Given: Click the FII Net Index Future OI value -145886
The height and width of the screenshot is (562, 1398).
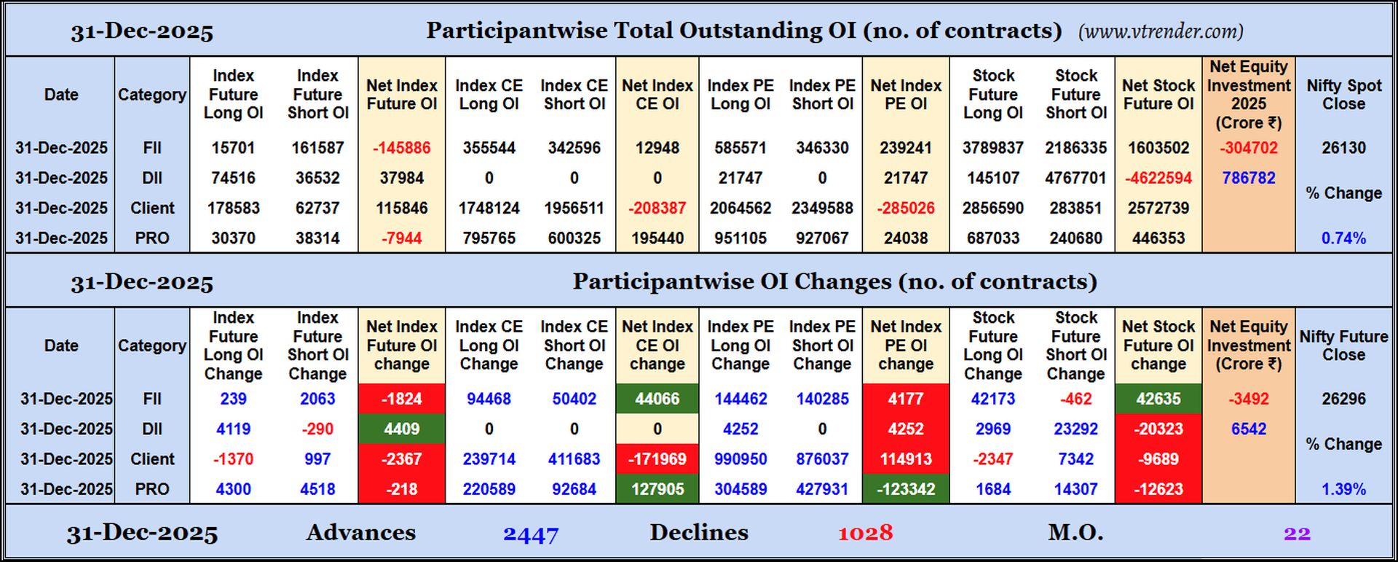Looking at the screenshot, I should [401, 148].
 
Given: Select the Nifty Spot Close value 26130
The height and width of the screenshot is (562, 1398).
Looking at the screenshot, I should [1343, 148].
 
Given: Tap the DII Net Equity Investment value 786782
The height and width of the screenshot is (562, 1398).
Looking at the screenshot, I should [1248, 178].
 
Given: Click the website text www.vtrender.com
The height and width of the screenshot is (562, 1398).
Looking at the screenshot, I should [1161, 31].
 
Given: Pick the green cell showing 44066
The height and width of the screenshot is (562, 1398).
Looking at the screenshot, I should [657, 399].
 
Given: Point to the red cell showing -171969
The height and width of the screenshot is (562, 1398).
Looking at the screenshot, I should [657, 459].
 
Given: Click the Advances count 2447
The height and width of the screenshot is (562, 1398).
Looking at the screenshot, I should [531, 534].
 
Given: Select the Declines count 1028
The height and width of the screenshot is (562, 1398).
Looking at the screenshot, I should [865, 534].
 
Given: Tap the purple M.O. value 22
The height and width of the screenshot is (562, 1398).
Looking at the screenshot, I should [1297, 534].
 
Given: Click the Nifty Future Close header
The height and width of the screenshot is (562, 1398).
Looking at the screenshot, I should [1343, 346].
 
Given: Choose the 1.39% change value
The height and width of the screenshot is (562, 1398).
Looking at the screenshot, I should [1343, 489].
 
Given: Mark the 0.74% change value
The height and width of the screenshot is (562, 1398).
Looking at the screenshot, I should [1343, 238].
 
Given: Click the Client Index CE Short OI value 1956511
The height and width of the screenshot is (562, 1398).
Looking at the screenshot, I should [574, 208].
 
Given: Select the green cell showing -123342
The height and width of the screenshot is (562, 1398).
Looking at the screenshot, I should [905, 489].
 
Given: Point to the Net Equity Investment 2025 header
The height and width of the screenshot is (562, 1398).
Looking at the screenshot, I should [1248, 95].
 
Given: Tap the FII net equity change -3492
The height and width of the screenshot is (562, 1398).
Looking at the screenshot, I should [1248, 399].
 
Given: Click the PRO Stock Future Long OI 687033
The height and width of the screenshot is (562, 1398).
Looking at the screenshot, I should [992, 238].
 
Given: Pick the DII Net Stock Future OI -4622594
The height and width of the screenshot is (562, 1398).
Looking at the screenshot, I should [1158, 178].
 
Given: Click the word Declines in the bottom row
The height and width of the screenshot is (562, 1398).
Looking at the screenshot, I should [698, 533].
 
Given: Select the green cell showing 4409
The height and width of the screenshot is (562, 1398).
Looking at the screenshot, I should [401, 429].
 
